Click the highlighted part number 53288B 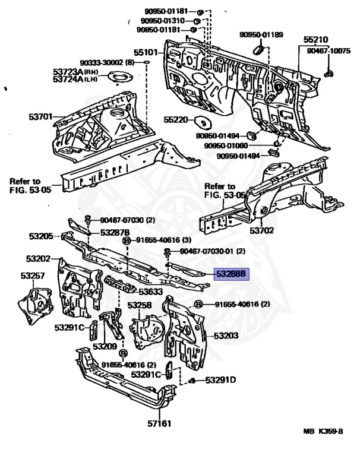[231, 274]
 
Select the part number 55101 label [146, 53]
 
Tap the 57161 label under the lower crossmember [159, 423]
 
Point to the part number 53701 [40, 117]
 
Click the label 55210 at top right [316, 40]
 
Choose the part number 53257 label [33, 275]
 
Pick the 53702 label [261, 230]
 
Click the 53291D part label [220, 380]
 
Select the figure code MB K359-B [323, 431]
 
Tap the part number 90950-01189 [261, 34]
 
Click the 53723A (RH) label [75, 71]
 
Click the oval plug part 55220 [203, 122]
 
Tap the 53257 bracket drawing [35, 305]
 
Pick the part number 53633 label [150, 292]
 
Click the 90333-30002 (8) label [108, 62]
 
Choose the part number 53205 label [41, 236]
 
